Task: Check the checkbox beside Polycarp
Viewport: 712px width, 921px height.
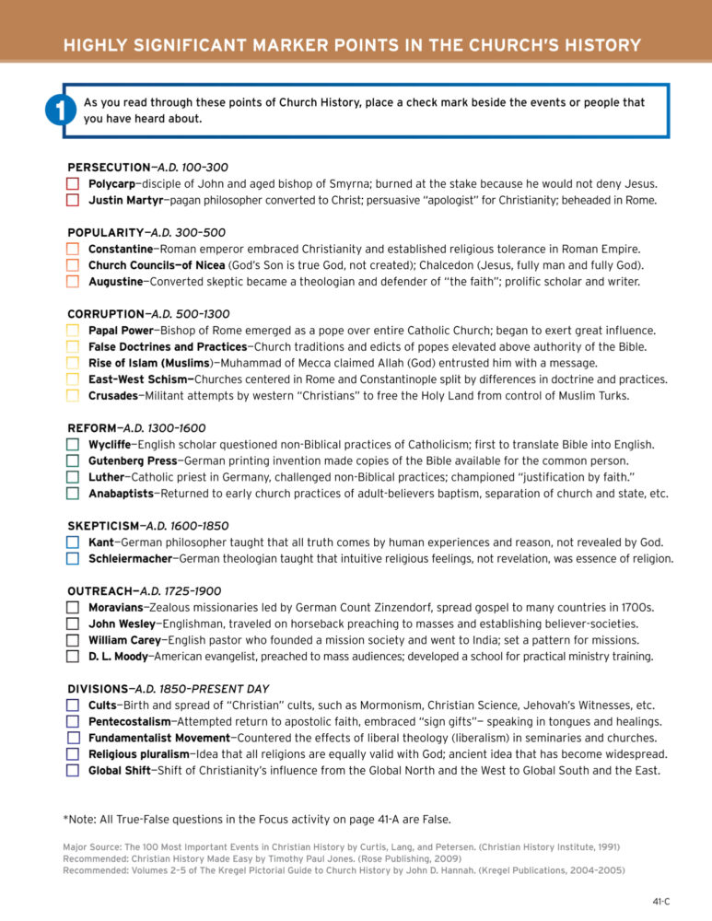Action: (73, 184)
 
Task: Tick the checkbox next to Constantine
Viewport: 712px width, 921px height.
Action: (73, 249)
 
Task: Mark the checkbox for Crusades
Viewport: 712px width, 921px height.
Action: (73, 396)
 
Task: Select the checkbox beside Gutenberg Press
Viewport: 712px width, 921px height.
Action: (73, 460)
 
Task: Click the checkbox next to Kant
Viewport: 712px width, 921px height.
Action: (73, 542)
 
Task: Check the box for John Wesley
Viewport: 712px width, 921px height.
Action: (73, 624)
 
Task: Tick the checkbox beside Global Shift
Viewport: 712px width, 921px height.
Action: (73, 771)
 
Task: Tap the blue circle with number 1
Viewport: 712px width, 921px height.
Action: (58, 111)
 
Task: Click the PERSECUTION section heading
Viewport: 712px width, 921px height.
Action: (109, 168)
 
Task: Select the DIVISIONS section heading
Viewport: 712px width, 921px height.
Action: (98, 689)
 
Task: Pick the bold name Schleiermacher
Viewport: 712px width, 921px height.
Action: (130, 558)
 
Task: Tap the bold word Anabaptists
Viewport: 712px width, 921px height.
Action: (123, 494)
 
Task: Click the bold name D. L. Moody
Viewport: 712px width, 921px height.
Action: (118, 657)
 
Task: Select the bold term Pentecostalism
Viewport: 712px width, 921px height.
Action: (130, 721)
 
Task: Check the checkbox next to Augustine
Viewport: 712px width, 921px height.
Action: (73, 282)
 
